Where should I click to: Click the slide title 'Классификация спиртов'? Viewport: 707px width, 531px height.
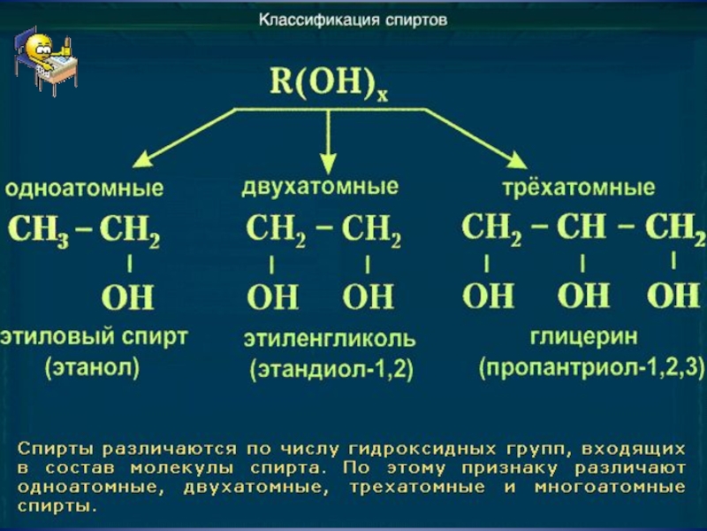point(353,18)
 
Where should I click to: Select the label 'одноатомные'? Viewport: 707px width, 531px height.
point(84,189)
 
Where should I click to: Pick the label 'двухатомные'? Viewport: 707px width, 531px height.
point(320,187)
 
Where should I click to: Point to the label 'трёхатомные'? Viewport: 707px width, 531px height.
point(579,188)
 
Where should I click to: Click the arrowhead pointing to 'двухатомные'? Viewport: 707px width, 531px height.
point(329,162)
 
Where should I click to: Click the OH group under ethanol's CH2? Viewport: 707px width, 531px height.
point(129,296)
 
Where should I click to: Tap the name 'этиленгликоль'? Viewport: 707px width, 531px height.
point(330,339)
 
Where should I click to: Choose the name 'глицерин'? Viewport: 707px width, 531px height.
point(583,337)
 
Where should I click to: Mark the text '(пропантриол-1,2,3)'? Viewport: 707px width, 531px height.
point(591,367)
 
